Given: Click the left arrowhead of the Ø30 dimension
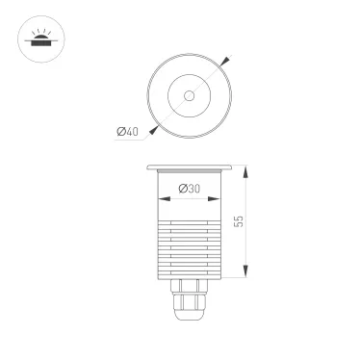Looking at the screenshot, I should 157,199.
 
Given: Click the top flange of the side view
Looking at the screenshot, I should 189,167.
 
